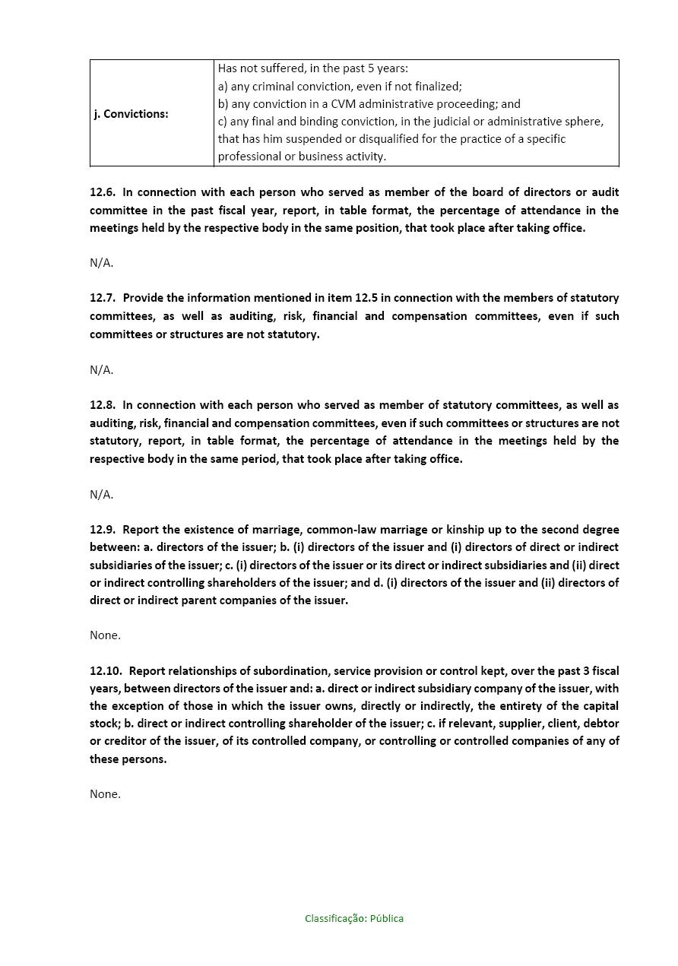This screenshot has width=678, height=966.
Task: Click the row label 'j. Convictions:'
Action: click(131, 114)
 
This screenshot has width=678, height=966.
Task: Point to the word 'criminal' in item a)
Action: click(278, 87)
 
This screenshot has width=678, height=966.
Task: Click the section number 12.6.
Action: click(103, 192)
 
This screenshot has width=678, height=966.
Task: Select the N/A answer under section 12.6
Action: click(101, 263)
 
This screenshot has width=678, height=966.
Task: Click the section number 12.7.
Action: click(103, 298)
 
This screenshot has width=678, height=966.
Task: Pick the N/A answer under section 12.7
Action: click(101, 370)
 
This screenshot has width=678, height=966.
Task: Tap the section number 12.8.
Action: click(103, 405)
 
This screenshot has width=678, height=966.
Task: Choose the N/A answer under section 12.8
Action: click(101, 495)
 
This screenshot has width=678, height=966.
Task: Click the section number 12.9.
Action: click(103, 530)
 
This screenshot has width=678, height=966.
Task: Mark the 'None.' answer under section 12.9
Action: click(105, 635)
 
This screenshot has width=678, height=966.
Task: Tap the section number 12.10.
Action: click(106, 671)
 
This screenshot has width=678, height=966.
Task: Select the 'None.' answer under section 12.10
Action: click(105, 794)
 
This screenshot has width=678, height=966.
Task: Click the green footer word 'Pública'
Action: click(387, 919)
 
